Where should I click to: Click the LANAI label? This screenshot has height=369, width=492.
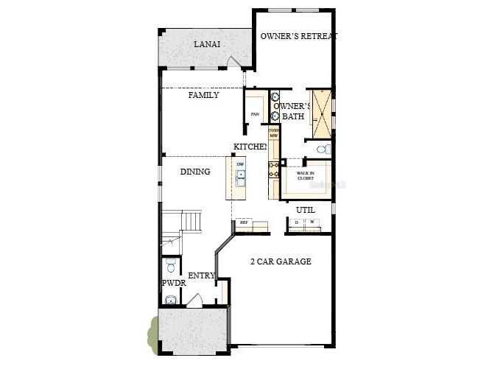coord(206,44)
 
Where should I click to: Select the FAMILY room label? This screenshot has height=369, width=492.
coord(203,95)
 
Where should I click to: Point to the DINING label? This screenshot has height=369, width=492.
coord(195,172)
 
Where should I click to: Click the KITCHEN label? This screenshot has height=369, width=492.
coord(250,147)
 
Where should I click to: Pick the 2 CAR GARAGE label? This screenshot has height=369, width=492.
coord(280,261)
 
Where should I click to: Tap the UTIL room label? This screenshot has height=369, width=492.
coord(305,210)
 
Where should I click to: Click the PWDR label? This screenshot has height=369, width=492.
coord(172,283)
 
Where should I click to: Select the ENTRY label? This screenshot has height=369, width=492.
coord(201,275)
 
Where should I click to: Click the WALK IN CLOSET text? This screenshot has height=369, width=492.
coord(306,175)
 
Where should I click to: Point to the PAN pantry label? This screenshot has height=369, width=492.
coord(255,114)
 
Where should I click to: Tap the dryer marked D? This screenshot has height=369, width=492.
coord(296,222)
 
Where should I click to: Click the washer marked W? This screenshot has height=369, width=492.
coord(311,222)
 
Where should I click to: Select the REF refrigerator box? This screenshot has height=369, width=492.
coord(244,222)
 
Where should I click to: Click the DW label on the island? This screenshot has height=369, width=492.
coord(240,164)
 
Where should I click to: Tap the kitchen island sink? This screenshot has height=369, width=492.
coord(240,177)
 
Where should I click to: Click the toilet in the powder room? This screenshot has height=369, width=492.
coord(170,266)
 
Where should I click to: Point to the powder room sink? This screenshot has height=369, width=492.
coord(170,299)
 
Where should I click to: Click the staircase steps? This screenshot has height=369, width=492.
coord(191,221)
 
